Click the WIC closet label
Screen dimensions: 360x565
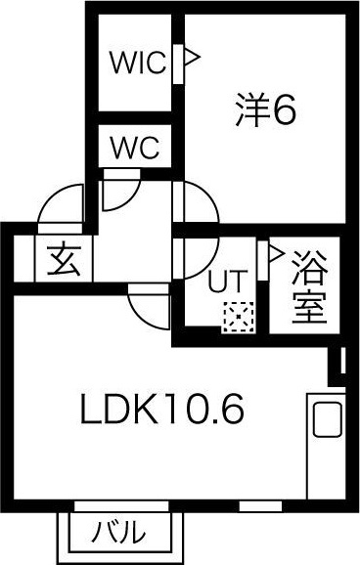click(138, 64)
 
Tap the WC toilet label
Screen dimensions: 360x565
click(138, 150)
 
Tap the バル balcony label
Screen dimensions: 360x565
click(120, 534)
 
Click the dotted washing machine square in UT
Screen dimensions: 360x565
click(236, 319)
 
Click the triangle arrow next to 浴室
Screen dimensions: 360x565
click(276, 256)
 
